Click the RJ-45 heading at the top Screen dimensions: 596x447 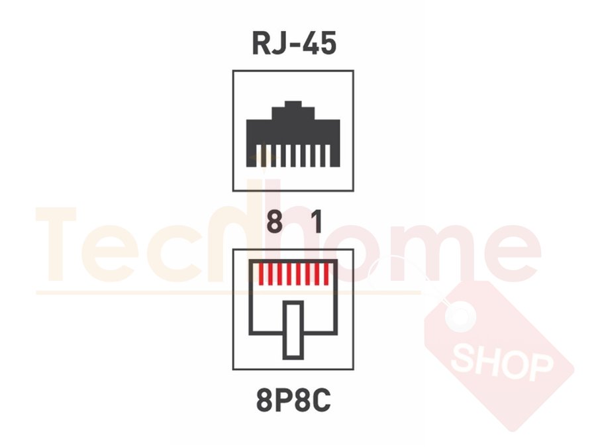pos(294,43)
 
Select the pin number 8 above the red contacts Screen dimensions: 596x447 pos(274,223)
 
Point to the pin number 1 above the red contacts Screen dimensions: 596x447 pos(317,223)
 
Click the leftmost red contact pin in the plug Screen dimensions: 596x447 pos(261,273)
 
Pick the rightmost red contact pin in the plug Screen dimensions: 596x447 pos(326,273)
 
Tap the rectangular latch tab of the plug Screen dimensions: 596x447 pos(293,330)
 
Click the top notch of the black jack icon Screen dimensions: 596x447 pos(293,104)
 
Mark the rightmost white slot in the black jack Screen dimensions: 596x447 pos(328,155)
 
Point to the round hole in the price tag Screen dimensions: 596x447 pos(460,315)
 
